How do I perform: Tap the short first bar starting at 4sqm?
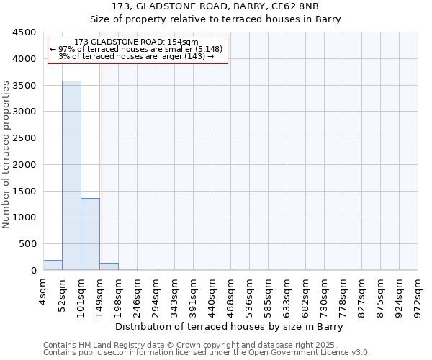[x=53, y=265]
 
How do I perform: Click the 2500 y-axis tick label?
[x=26, y=138]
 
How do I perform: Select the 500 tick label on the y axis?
[x=29, y=244]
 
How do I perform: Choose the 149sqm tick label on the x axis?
[x=99, y=295]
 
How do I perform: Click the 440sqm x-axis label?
[x=212, y=295]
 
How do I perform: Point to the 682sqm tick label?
[x=305, y=295]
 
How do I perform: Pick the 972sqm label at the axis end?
[x=418, y=295]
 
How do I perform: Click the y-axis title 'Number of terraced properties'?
[x=6, y=155]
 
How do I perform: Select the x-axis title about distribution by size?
[x=229, y=327]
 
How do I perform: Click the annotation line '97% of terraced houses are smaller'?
[x=137, y=49]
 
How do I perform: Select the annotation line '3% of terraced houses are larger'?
[x=137, y=56]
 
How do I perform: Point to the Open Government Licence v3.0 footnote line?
[x=206, y=353]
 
